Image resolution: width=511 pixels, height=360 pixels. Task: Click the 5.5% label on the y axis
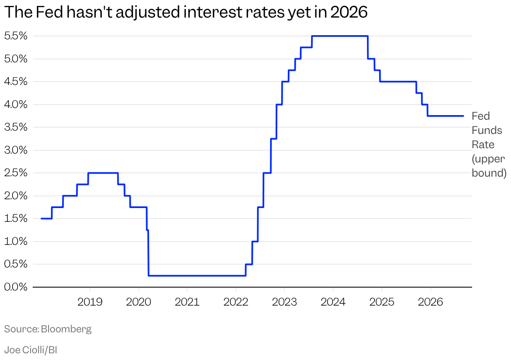coord(16,36)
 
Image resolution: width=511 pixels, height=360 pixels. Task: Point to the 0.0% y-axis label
coord(16,287)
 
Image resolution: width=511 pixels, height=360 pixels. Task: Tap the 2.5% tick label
coord(16,173)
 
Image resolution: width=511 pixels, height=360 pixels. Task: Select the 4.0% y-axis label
coord(16,104)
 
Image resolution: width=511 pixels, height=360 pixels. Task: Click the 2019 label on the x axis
coord(90,302)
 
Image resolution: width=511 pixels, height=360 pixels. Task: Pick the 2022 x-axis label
coord(236,302)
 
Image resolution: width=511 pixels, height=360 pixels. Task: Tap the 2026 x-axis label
coord(430,302)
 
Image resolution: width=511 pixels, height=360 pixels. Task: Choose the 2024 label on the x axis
coord(333,302)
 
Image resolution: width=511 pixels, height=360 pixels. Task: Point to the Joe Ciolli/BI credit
coord(31,350)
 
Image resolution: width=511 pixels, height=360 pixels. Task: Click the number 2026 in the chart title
coord(349,12)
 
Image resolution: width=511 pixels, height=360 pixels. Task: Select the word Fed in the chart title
coord(49,12)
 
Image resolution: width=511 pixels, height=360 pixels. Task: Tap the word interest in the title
coord(212,12)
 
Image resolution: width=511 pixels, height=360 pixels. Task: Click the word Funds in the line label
coord(487,131)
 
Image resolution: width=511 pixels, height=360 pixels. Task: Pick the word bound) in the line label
coord(489,173)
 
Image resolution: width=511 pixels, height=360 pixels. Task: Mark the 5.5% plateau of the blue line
coord(340,36)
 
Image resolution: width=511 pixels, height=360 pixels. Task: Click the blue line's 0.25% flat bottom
coord(197,275)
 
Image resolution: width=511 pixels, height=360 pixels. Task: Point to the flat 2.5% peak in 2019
coord(103,173)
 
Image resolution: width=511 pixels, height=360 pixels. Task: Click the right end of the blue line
coord(463,116)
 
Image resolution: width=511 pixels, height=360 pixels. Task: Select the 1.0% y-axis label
coord(16,241)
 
